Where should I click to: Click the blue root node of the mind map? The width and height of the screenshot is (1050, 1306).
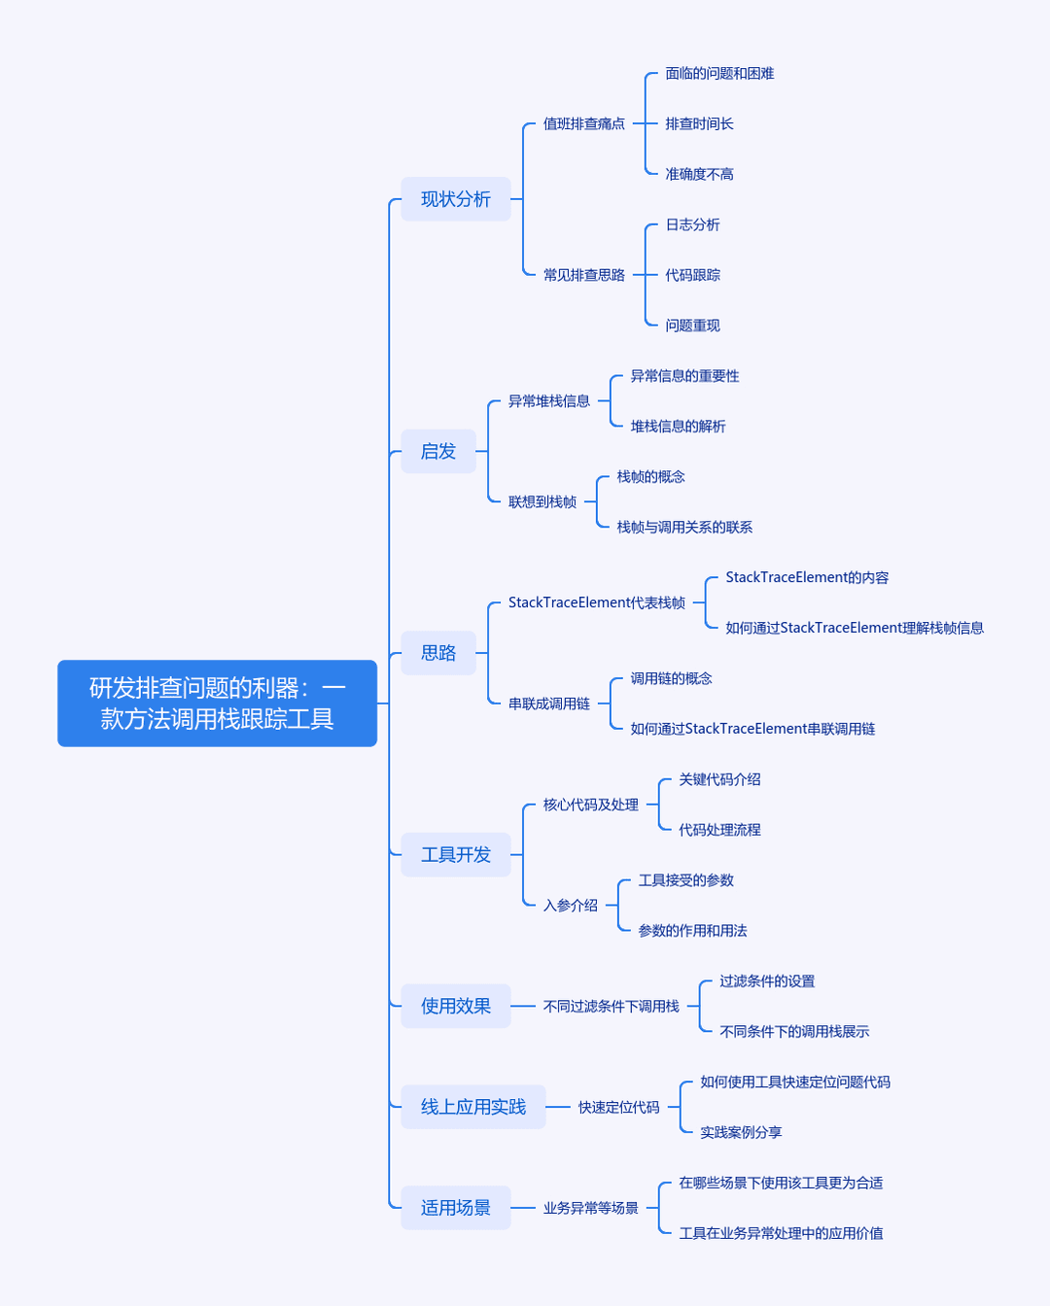[217, 703]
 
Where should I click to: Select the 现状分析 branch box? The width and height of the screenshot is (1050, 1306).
[455, 199]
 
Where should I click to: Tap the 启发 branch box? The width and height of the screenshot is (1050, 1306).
[437, 451]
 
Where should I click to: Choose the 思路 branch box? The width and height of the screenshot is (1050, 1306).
[437, 653]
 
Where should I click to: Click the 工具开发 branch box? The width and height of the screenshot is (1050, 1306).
[455, 854]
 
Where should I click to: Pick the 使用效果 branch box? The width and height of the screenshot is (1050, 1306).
[455, 1006]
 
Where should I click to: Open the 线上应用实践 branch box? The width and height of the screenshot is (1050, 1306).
[473, 1107]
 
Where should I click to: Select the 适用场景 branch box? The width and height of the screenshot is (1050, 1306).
[455, 1208]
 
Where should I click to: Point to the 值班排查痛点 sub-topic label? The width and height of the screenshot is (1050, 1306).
[583, 123]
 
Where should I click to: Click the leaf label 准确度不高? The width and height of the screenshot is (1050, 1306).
[699, 174]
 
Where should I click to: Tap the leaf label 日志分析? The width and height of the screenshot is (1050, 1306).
[692, 224]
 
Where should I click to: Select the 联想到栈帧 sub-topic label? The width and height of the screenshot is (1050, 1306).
[542, 501]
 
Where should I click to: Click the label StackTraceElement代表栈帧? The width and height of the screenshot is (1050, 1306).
[596, 602]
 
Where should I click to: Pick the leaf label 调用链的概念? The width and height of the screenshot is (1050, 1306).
[671, 678]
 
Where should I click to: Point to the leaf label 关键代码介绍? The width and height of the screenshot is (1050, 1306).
[719, 779]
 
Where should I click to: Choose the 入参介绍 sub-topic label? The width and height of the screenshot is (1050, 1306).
[571, 906]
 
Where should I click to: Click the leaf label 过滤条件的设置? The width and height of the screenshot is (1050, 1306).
[767, 980]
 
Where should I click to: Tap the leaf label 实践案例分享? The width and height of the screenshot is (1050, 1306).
[741, 1132]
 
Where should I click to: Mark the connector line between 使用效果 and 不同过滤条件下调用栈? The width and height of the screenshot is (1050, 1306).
[523, 1006]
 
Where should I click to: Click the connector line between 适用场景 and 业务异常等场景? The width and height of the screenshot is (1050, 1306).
[523, 1208]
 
